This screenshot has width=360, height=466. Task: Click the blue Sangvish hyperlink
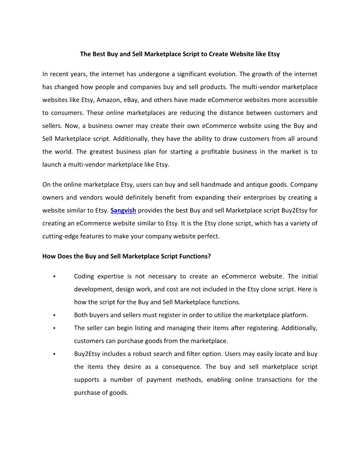tap(123, 210)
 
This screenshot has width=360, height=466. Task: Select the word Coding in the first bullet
tap(83, 276)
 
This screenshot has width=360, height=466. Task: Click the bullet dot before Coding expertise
tap(53, 277)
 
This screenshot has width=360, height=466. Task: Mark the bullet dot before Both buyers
tap(53, 316)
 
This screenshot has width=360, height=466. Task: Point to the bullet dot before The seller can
tap(53, 328)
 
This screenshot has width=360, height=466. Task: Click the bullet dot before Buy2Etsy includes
tap(53, 354)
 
